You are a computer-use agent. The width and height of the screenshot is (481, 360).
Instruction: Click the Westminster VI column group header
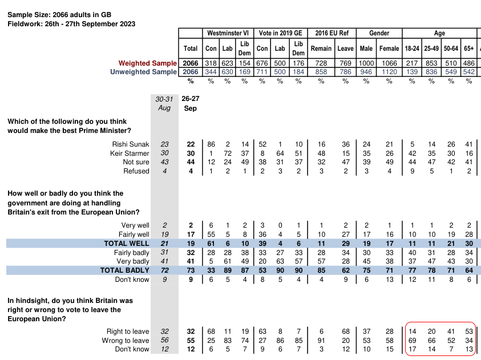click(227, 34)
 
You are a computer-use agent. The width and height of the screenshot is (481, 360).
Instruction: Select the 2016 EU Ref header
click(332, 34)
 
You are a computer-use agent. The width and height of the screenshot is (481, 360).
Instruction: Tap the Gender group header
click(379, 34)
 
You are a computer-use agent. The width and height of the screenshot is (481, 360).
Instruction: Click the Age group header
click(439, 34)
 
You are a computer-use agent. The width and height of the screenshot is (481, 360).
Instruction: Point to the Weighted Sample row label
click(148, 63)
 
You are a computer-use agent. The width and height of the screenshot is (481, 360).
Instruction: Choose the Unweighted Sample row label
click(143, 72)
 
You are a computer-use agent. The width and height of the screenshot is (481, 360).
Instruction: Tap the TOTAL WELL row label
click(126, 244)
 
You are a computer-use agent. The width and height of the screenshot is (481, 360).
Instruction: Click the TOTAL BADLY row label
click(124, 270)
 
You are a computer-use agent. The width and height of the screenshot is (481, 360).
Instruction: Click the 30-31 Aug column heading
click(164, 103)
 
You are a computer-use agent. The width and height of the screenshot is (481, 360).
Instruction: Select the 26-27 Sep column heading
click(191, 103)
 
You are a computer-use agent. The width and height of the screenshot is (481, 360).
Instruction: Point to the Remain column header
click(321, 48)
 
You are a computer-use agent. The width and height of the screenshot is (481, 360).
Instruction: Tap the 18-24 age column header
click(412, 48)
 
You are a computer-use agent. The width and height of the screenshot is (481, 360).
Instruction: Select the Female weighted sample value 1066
click(389, 63)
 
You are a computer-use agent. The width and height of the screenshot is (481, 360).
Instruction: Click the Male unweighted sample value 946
click(366, 72)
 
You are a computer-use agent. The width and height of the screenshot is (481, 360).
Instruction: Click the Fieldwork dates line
click(71, 24)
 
